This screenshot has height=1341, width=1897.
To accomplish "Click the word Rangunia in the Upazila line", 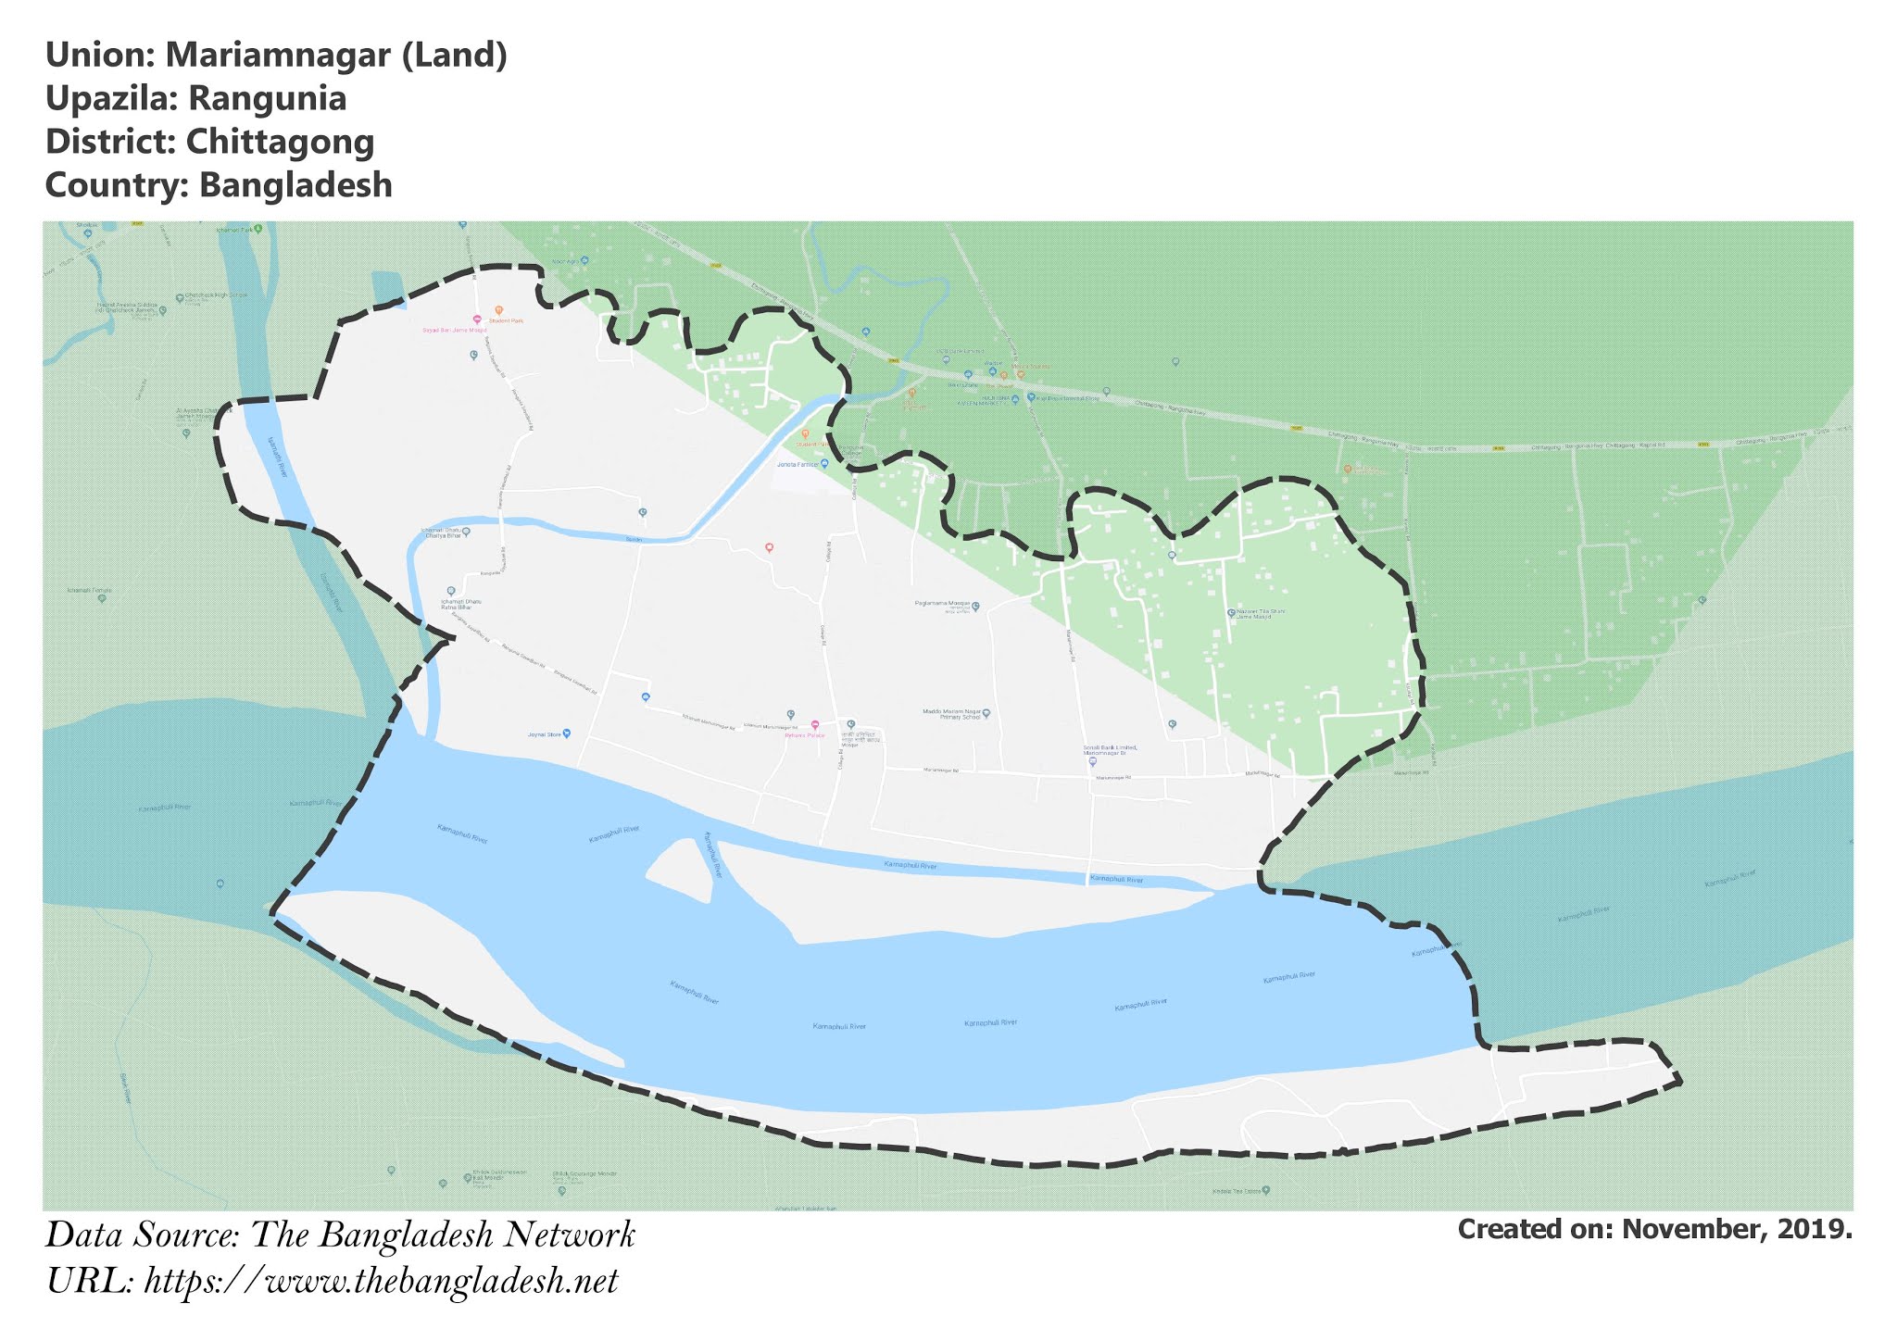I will click(268, 98).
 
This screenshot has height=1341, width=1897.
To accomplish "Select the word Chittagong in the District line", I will click(280, 142).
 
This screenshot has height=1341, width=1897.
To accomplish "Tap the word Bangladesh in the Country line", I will click(295, 185).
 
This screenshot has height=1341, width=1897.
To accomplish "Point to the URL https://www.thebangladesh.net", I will click(381, 1282).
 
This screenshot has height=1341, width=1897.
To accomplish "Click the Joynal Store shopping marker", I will click(567, 733).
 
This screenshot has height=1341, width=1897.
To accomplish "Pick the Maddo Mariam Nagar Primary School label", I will click(951, 714).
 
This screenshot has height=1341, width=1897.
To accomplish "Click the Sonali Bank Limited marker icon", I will click(1093, 761).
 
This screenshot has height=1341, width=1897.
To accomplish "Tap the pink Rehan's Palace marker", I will click(815, 724).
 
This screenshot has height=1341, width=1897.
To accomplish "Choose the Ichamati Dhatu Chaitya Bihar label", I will click(443, 533).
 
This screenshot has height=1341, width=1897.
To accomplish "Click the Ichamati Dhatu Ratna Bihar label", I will click(457, 604).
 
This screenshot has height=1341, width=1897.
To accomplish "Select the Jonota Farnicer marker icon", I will click(824, 463).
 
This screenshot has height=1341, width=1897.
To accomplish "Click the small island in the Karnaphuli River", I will click(684, 869).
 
